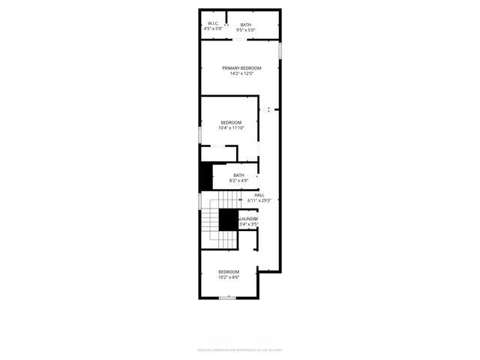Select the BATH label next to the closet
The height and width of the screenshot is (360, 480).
[x=246, y=25]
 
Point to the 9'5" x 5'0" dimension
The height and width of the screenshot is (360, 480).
[x=246, y=30]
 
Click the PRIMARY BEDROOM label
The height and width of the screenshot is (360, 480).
[x=241, y=68]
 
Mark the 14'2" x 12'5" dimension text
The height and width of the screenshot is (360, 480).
[x=241, y=73]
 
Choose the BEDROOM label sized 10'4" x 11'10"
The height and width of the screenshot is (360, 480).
[x=231, y=122]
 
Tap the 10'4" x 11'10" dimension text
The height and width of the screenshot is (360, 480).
[x=231, y=127]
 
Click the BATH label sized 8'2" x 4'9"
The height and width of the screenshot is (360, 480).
[x=238, y=175]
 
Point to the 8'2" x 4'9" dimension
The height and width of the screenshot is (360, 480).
[x=238, y=181]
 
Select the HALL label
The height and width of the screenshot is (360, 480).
[x=259, y=195]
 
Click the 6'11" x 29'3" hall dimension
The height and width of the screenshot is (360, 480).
[x=259, y=200]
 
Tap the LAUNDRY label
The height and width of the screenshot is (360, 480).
[x=249, y=219]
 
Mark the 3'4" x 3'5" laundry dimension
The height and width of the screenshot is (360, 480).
[x=249, y=224]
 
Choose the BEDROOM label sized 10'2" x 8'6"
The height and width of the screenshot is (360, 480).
[x=229, y=271]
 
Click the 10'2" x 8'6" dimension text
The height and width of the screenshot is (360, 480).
[x=229, y=277]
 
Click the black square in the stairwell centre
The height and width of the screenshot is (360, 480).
[x=229, y=220]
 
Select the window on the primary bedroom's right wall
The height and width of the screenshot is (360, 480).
[x=280, y=50]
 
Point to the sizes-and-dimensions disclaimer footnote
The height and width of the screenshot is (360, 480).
[x=240, y=349]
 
